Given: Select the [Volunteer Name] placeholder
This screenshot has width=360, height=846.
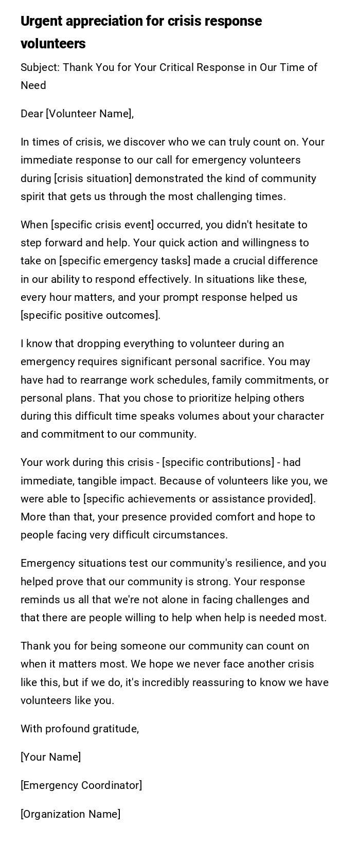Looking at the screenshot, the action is pyautogui.click(x=89, y=114).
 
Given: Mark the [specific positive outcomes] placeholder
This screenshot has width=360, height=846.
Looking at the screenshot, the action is pyautogui.click(x=90, y=315).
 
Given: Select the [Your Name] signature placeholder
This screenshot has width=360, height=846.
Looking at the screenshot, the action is pyautogui.click(x=50, y=757).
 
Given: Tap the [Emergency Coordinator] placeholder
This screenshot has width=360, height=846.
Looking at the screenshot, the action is pyautogui.click(x=81, y=785).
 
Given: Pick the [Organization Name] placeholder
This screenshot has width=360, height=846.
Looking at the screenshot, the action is pyautogui.click(x=70, y=814).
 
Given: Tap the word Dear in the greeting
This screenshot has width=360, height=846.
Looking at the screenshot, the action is pyautogui.click(x=31, y=114).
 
